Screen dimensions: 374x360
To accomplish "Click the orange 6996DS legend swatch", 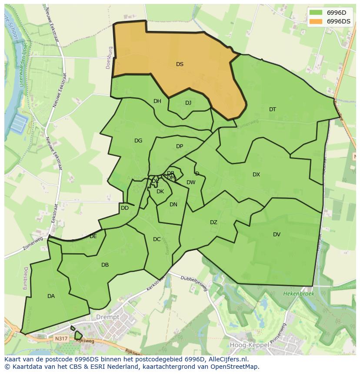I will click(316, 21).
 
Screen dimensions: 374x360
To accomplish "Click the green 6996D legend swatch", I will click(316, 13).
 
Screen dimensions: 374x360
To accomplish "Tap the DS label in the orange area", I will click(180, 64).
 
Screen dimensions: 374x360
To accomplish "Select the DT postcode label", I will click(273, 109).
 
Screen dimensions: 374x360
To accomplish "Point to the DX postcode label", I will click(256, 175).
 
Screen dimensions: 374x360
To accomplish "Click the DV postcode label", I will click(277, 235).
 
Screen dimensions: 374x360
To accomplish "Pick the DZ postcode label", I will click(213, 222).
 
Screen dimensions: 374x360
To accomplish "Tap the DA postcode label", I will click(51, 296).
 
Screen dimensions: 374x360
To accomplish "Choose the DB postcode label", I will click(105, 265).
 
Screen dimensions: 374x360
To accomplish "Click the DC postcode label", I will click(157, 239).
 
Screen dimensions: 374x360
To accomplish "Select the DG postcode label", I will click(138, 141).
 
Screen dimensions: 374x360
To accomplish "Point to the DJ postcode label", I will click(188, 103).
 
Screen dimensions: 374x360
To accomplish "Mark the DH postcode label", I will click(157, 101).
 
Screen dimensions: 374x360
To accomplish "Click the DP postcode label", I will click(180, 146).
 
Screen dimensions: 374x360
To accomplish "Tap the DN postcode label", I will click(173, 205).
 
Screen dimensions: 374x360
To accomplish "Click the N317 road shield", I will click(61, 338).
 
